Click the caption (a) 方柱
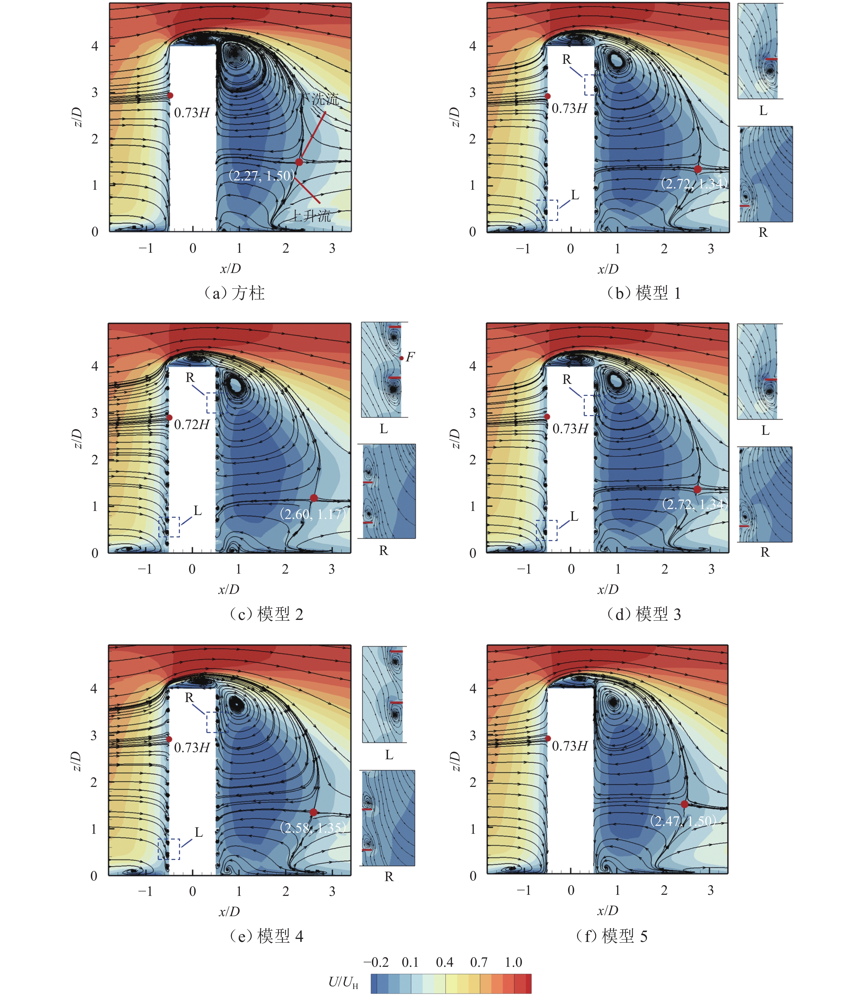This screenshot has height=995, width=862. [x=235, y=293]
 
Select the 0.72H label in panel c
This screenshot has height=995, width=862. [x=192, y=425]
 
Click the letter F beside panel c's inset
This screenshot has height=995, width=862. [x=410, y=357]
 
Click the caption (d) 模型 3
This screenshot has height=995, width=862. [x=644, y=614]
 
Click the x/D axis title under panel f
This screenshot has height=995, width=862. [x=608, y=910]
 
